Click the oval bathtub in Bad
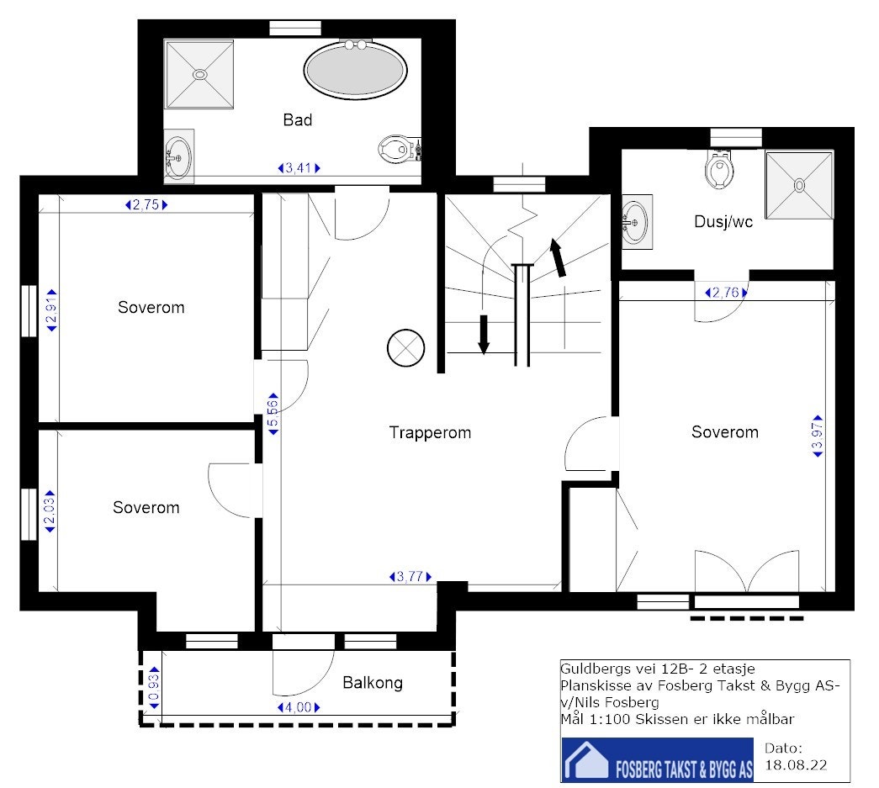[x=356, y=70]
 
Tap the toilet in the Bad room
[x=400, y=150]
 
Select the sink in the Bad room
[x=179, y=156]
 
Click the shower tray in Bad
[x=199, y=74]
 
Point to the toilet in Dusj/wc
[x=719, y=168]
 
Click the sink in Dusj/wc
[x=637, y=222]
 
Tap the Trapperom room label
[x=430, y=432]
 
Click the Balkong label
[x=373, y=683]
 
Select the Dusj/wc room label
[x=723, y=222]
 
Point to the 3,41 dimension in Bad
[x=299, y=167]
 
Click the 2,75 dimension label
[x=146, y=204]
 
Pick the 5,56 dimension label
[x=273, y=414]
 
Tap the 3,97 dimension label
[x=818, y=436]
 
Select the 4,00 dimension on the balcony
[x=299, y=707]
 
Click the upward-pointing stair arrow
[x=558, y=257]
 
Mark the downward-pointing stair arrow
[x=484, y=335]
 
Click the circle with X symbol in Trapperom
[x=406, y=347]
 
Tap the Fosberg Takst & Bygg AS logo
[x=658, y=759]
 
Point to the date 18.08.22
[x=796, y=765]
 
